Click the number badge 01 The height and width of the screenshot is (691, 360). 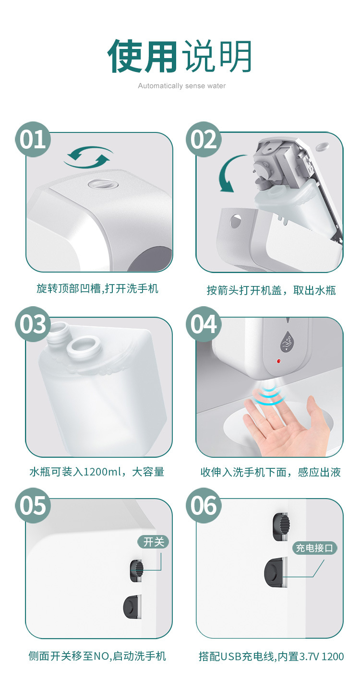pyautogui.click(x=33, y=139)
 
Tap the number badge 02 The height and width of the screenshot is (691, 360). pyautogui.click(x=204, y=139)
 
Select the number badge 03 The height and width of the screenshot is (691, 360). pyautogui.click(x=33, y=324)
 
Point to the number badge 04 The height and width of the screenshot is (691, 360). pyautogui.click(x=204, y=324)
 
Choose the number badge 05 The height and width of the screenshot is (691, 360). pyautogui.click(x=33, y=505)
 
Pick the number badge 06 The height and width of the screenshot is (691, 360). pyautogui.click(x=204, y=505)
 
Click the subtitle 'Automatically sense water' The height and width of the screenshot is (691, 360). pyautogui.click(x=181, y=86)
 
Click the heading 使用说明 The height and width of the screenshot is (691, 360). pyautogui.click(x=180, y=56)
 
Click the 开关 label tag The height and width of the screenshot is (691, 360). pyautogui.click(x=154, y=542)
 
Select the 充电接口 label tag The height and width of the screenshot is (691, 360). pyautogui.click(x=315, y=548)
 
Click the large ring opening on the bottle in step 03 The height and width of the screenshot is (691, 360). pyautogui.click(x=82, y=346)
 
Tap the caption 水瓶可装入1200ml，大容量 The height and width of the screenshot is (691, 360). pyautogui.click(x=96, y=472)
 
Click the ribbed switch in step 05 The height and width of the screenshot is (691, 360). pyautogui.click(x=137, y=569)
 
